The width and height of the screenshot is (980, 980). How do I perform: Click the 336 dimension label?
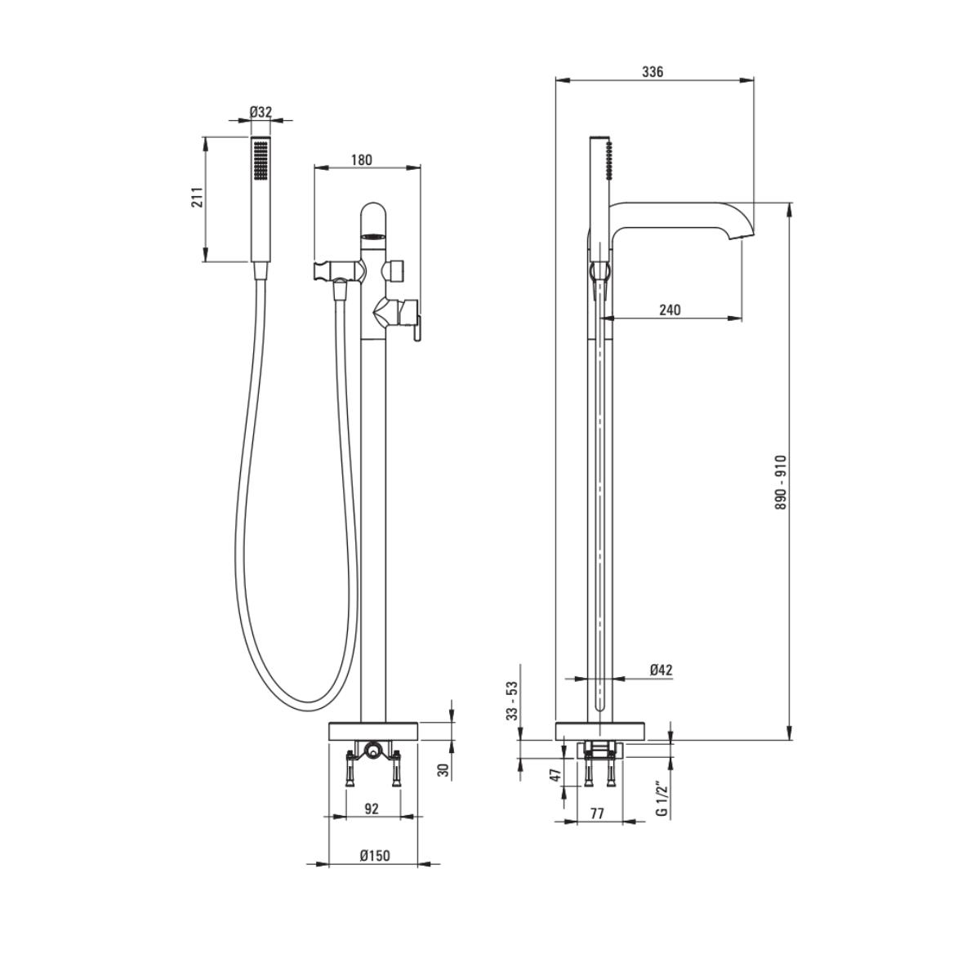(x=653, y=72)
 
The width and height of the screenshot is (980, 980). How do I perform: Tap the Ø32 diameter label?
(x=261, y=111)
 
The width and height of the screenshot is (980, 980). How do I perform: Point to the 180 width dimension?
(x=361, y=160)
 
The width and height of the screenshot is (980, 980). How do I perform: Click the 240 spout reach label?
(x=670, y=310)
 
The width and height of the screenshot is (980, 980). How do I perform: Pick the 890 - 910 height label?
(x=781, y=483)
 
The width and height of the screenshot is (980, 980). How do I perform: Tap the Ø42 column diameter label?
(x=661, y=670)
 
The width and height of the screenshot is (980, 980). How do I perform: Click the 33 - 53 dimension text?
(x=512, y=701)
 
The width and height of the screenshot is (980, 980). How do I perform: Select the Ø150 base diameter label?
(x=375, y=855)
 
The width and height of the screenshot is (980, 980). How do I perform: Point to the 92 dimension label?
(x=372, y=808)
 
